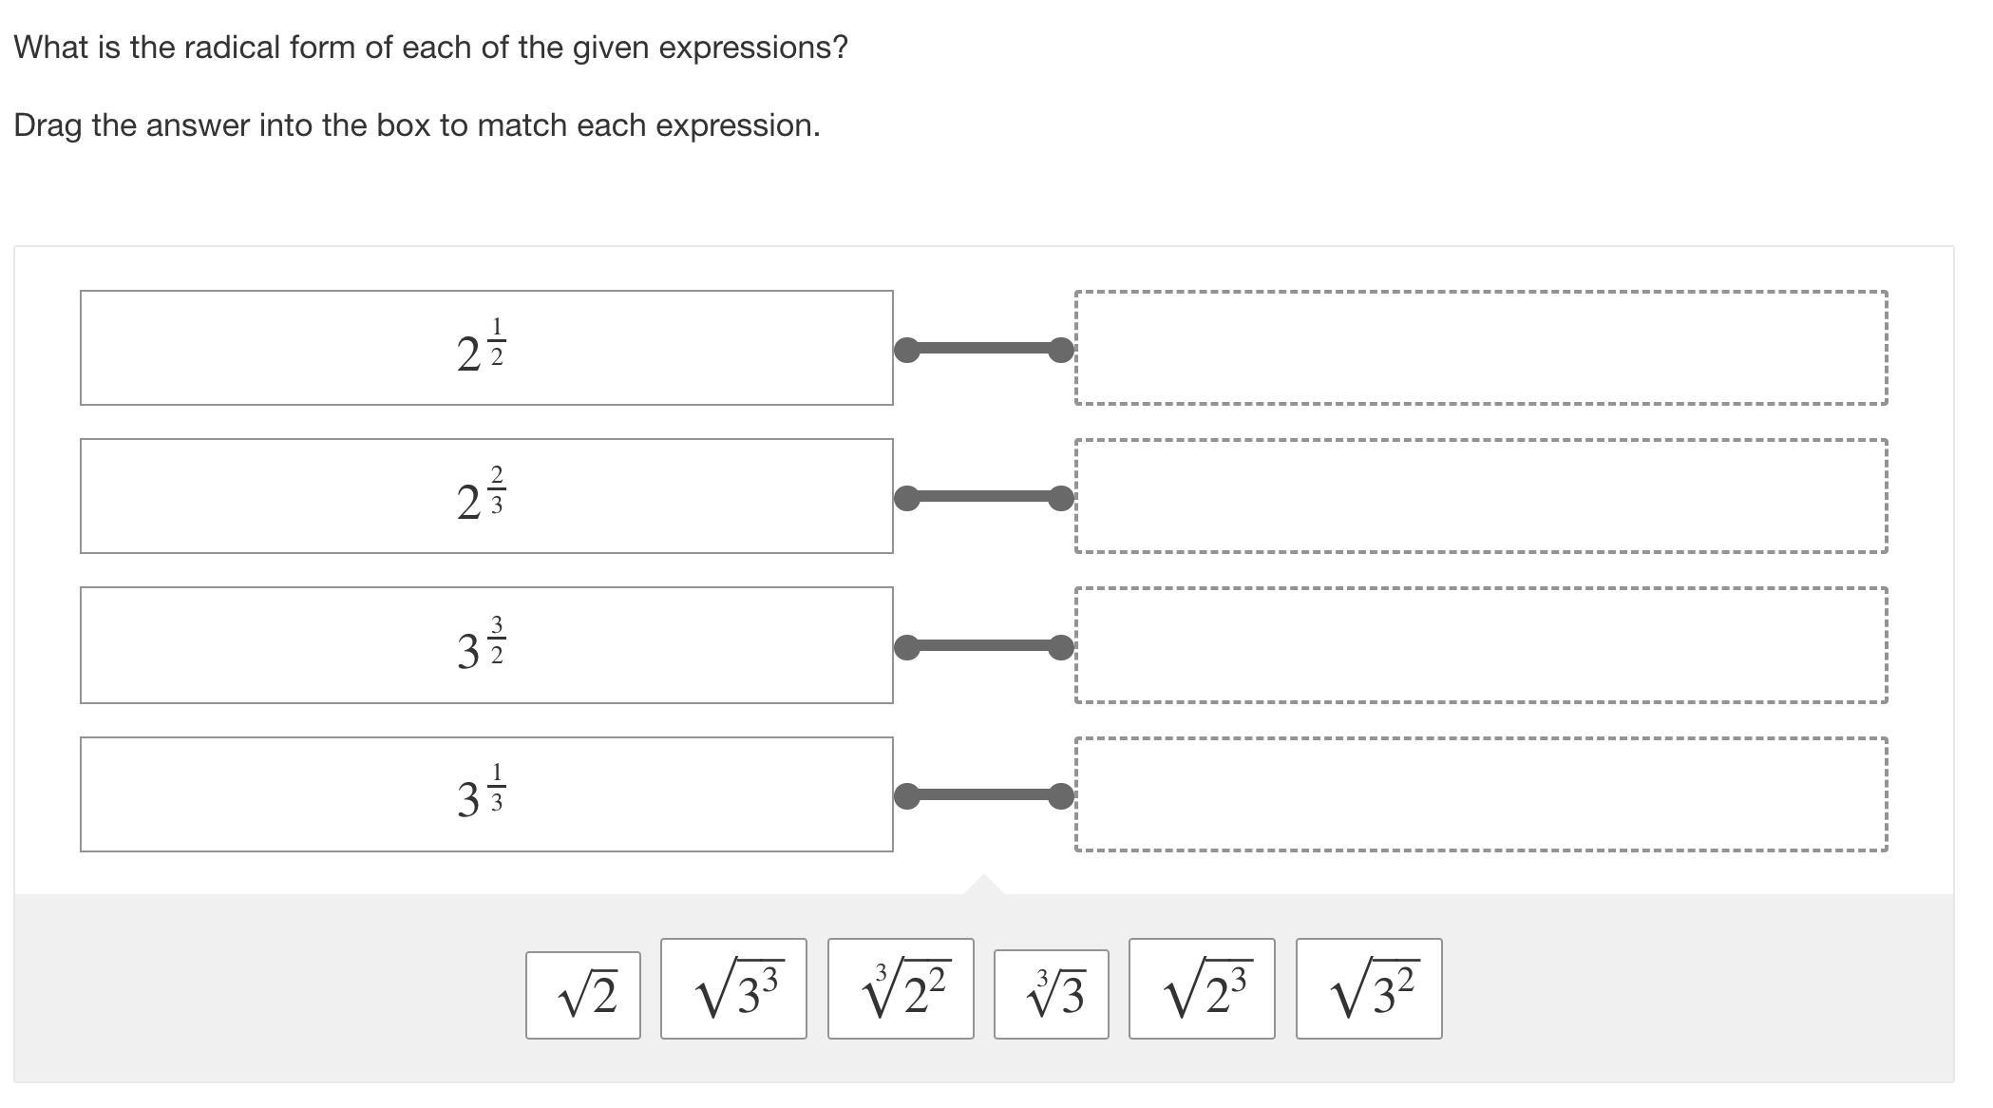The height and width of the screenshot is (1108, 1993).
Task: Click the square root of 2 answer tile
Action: [x=582, y=995]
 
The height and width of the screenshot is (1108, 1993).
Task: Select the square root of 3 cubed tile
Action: [x=733, y=989]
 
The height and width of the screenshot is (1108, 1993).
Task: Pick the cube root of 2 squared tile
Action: [x=901, y=989]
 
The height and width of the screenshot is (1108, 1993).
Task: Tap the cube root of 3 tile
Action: [x=1051, y=995]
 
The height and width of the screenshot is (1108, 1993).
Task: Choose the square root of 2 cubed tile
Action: [x=1202, y=989]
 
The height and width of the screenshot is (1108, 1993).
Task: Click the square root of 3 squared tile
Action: [x=1369, y=989]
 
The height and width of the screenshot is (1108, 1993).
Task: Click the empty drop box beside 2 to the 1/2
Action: [x=1480, y=348]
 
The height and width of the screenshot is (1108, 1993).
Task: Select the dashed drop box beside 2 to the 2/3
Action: [x=1480, y=496]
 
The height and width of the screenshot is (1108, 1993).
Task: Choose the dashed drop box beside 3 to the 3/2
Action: [x=1480, y=645]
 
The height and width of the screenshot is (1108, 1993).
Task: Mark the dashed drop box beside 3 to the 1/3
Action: [x=1480, y=794]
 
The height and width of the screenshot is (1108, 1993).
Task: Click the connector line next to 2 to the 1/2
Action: [x=983, y=350]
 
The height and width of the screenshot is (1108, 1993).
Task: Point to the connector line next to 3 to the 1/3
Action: [x=983, y=795]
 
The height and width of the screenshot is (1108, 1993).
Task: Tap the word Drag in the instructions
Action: [x=47, y=125]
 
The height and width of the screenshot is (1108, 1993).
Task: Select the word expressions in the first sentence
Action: [x=751, y=48]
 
